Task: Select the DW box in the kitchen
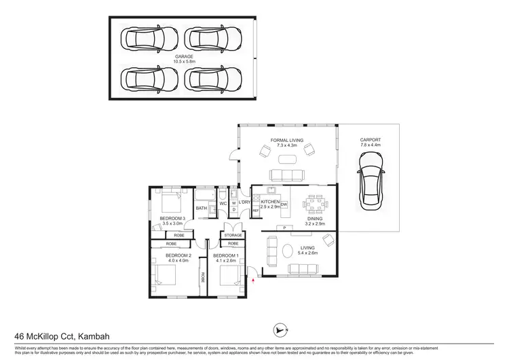coord(284,204)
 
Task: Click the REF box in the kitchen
coord(256,211)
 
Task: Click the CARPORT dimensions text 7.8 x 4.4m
coord(371,146)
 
